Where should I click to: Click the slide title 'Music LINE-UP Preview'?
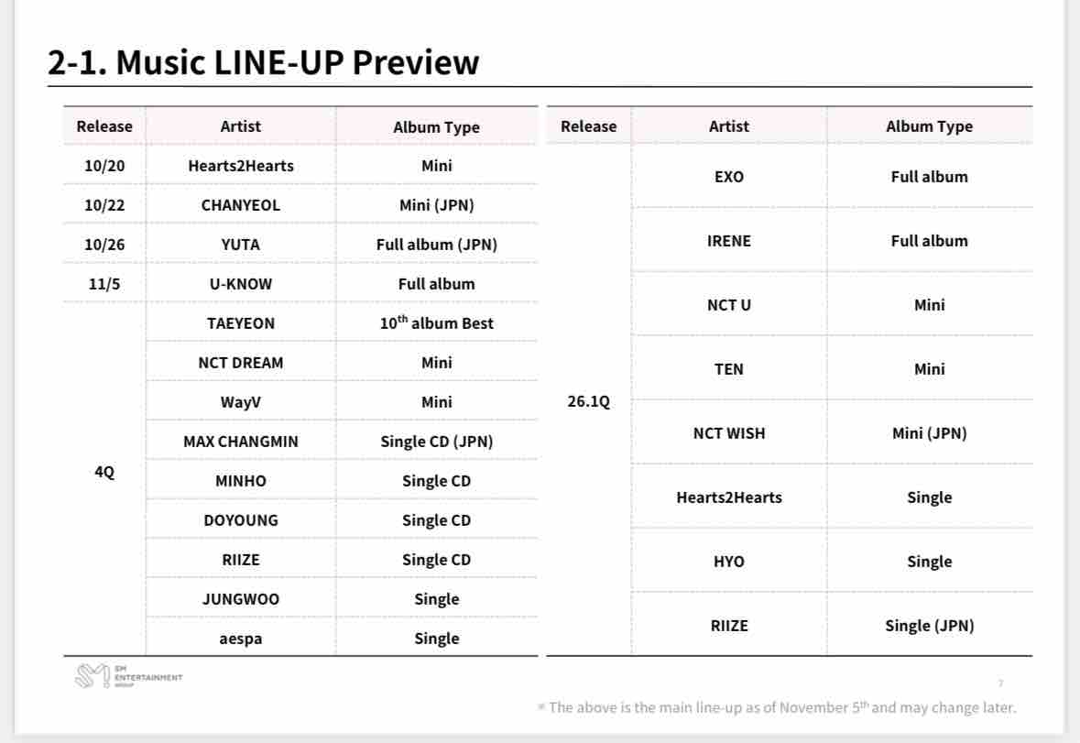click(298, 62)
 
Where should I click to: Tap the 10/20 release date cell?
click(104, 166)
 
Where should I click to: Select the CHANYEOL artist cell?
click(240, 205)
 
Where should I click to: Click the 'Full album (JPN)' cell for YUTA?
click(437, 245)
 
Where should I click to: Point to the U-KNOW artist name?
click(240, 284)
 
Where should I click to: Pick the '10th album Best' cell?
click(437, 322)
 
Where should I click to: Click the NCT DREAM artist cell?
click(240, 363)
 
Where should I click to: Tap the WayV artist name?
click(240, 402)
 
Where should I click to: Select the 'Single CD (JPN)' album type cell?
click(437, 442)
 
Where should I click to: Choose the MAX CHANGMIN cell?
click(240, 442)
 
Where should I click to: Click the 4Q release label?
click(104, 472)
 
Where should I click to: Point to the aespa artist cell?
click(240, 639)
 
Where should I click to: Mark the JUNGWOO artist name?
click(240, 599)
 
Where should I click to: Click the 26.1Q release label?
click(588, 400)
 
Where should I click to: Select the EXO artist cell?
click(729, 177)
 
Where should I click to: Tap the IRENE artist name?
click(729, 241)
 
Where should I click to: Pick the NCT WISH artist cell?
click(729, 433)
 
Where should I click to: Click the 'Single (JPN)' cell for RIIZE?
click(929, 626)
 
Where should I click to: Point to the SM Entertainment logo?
click(128, 676)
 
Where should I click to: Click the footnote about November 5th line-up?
click(777, 707)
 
